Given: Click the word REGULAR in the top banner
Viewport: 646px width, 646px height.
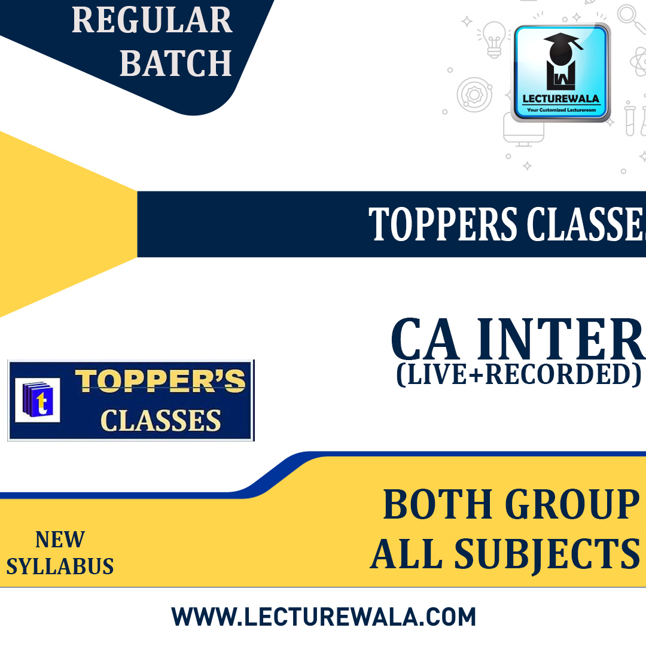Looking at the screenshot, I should tap(152, 21).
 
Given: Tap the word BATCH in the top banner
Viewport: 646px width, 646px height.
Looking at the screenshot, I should tap(175, 63).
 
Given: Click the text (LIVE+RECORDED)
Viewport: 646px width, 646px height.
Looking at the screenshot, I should tap(518, 374).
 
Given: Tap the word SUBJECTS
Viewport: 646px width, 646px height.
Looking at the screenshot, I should tap(547, 554).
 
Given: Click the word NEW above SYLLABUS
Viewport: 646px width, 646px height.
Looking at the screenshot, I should tap(60, 540).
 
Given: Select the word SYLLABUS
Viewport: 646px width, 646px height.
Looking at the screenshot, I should tap(60, 566).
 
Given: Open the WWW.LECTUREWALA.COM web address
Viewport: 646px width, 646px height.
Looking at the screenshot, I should tap(324, 617).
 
